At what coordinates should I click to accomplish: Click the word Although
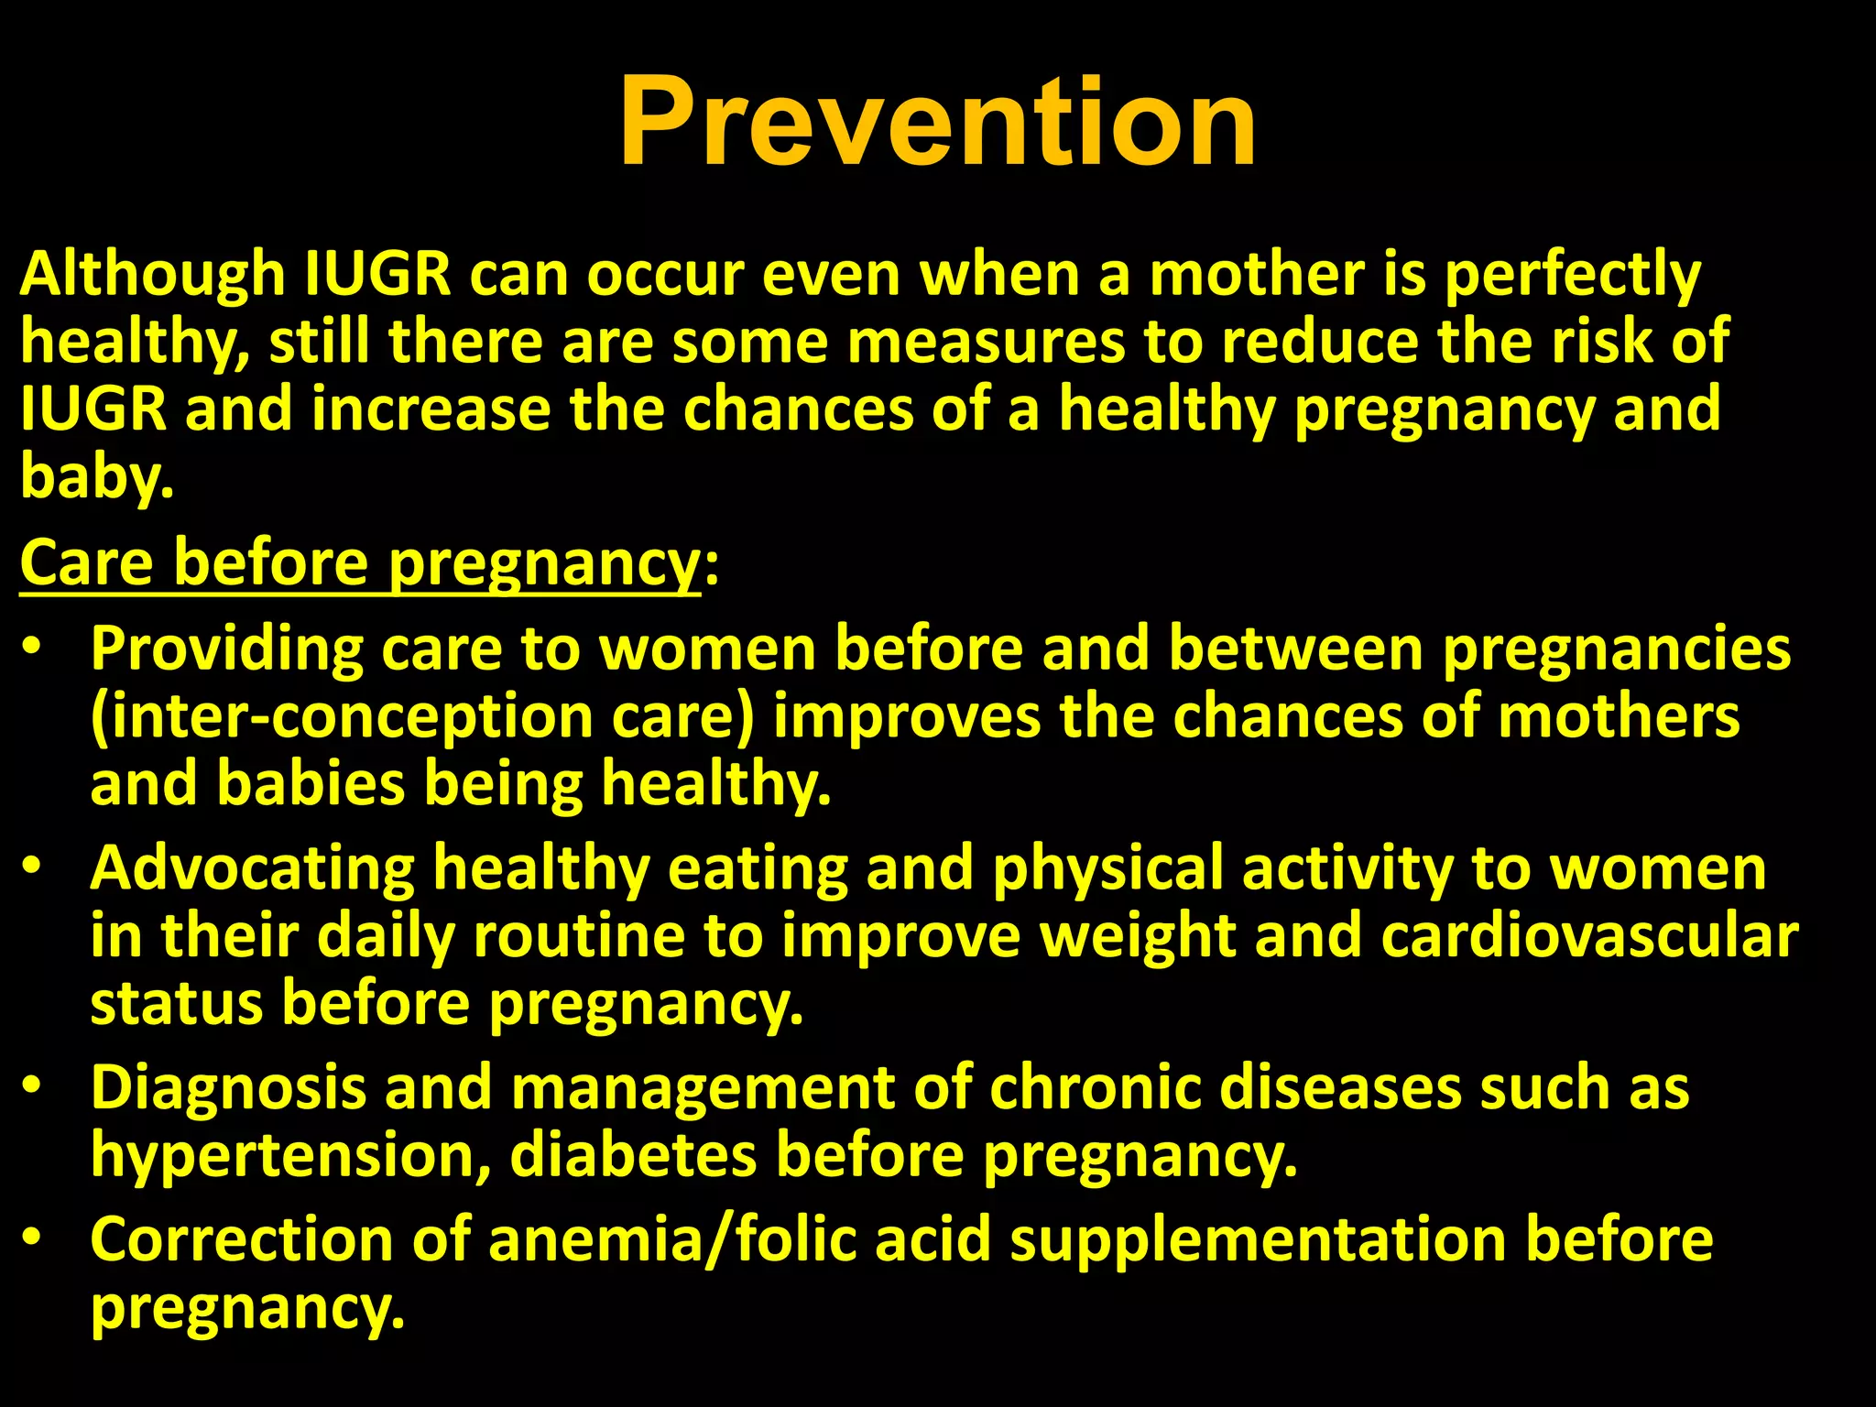pyautogui.click(x=152, y=274)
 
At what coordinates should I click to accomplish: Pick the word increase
pyautogui.click(x=431, y=409)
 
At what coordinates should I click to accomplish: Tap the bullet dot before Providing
pyautogui.click(x=33, y=647)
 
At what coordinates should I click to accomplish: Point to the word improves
pyautogui.click(x=907, y=718)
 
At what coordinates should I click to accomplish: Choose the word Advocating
pyautogui.click(x=252, y=869)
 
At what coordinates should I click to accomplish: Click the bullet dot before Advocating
pyautogui.click(x=33, y=867)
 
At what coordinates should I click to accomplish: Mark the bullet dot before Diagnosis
pyautogui.click(x=33, y=1085)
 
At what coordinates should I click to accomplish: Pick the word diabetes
pyautogui.click(x=633, y=1154)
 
